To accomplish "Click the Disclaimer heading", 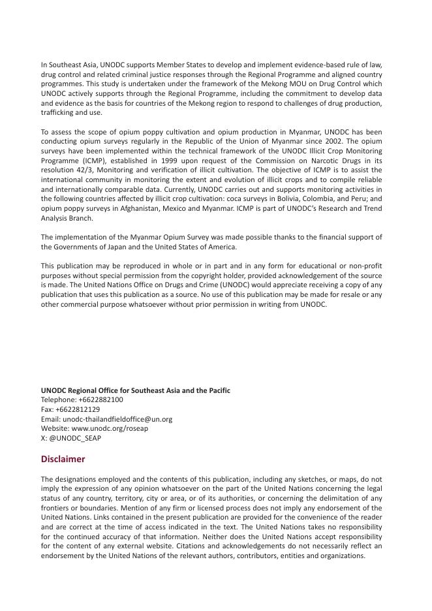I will pyautogui.click(x=63, y=459).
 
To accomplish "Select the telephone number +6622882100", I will pyautogui.click(x=100, y=399).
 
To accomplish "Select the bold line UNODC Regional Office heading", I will pyautogui.click(x=136, y=390).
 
